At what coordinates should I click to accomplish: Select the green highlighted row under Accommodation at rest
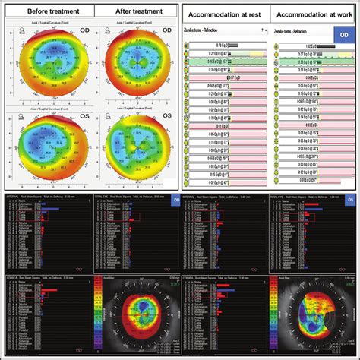click(x=228, y=64)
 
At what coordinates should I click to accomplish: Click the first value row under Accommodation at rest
click(x=228, y=47)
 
